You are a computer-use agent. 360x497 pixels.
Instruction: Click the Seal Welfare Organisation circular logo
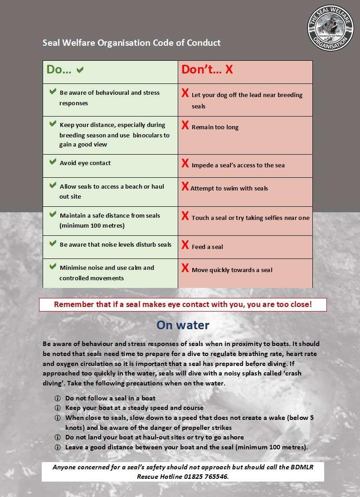[x=330, y=28]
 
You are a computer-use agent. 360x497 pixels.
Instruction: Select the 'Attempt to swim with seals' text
[x=229, y=189]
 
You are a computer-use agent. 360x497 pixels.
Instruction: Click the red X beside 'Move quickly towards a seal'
[x=185, y=268]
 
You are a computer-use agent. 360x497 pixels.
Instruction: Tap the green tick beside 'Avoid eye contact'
[x=53, y=162]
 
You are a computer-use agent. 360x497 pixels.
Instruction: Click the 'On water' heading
[x=183, y=325]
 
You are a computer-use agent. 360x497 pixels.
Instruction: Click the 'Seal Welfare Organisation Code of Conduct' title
[x=131, y=43]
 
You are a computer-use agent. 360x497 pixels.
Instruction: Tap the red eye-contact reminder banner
[x=183, y=304]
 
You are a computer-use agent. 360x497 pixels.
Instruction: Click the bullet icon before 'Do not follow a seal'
[x=58, y=399]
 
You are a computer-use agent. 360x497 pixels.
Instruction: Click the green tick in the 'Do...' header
[x=80, y=70]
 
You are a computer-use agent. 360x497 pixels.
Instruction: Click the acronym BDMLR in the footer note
[x=309, y=467]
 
